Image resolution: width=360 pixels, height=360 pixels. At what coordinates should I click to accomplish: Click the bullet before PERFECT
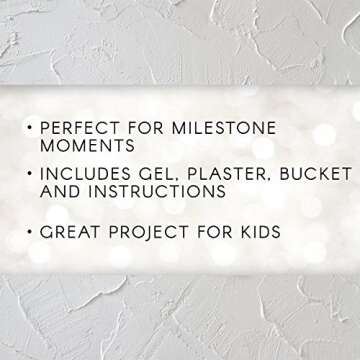(31, 128)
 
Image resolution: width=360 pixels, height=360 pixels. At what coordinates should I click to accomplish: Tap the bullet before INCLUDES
(31, 173)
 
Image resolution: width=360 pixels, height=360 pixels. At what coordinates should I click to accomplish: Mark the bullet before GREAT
(31, 233)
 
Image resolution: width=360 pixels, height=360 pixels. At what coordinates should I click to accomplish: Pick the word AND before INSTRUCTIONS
(57, 190)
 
